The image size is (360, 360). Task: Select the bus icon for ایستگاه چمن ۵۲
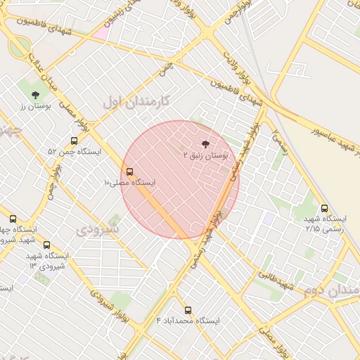pyautogui.click(x=75, y=141)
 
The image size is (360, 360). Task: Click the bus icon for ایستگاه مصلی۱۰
pyautogui.click(x=129, y=172)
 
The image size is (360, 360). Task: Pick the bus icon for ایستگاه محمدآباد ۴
pyautogui.click(x=188, y=309)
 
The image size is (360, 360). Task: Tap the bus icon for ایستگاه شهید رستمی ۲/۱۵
pyautogui.click(x=324, y=208)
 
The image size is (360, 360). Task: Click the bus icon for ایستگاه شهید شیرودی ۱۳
pyautogui.click(x=47, y=245)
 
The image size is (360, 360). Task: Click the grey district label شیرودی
pyautogui.click(x=98, y=229)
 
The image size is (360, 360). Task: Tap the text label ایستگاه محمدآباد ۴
pyautogui.click(x=188, y=321)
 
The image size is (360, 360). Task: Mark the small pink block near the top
pyautogui.click(x=101, y=32)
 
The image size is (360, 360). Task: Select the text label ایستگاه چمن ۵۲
pyautogui.click(x=75, y=152)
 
